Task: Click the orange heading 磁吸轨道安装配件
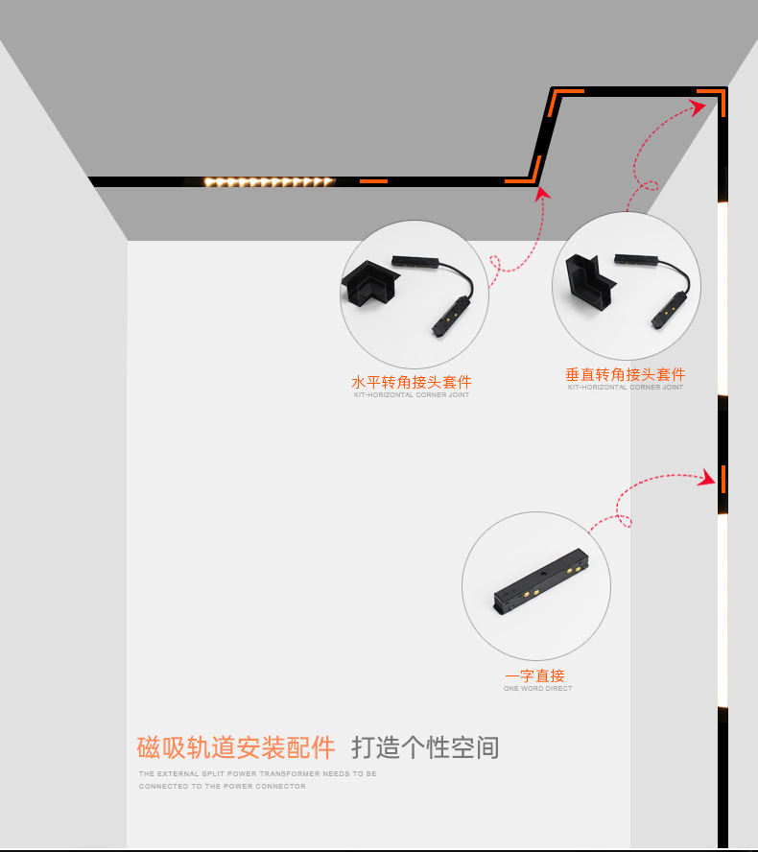[236, 747]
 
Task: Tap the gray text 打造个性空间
[425, 747]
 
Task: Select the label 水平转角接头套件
[412, 382]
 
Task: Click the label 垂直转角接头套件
[625, 374]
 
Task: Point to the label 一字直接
[535, 676]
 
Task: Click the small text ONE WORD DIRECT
[537, 689]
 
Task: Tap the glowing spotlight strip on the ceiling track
[269, 181]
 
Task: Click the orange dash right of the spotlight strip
[373, 180]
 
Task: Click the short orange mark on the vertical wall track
[722, 477]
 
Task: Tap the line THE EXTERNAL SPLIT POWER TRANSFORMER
[257, 773]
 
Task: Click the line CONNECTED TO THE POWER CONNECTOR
[223, 787]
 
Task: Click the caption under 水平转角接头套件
[412, 395]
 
